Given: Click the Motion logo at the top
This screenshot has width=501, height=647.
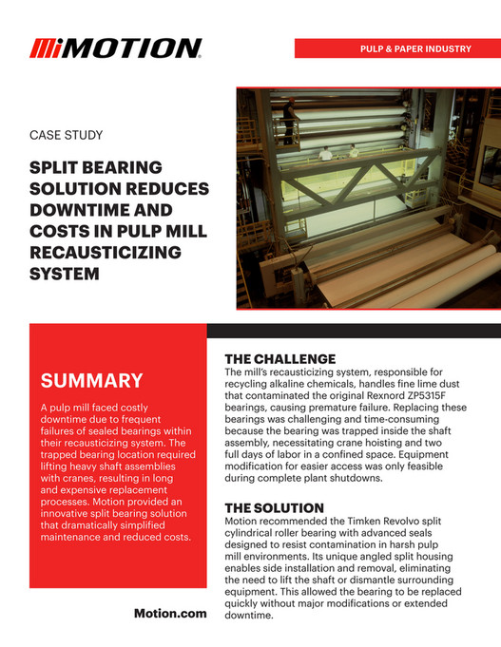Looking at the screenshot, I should pyautogui.click(x=115, y=48).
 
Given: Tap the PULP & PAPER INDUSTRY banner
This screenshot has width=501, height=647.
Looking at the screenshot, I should pyautogui.click(x=412, y=48).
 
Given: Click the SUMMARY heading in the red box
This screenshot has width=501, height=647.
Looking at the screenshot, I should pyautogui.click(x=91, y=382).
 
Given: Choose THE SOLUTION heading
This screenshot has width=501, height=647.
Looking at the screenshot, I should pyautogui.click(x=277, y=507).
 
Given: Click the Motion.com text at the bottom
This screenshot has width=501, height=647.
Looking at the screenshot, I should pyautogui.click(x=171, y=614).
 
